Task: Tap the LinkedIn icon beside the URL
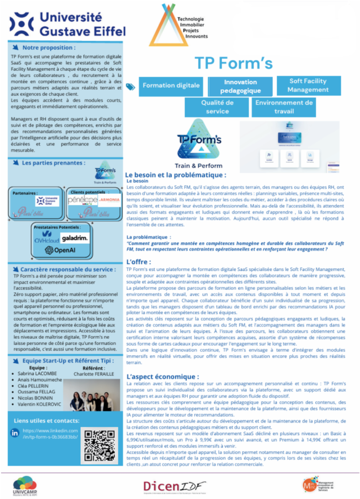15,433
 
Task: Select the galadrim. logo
76,237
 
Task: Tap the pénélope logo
82,201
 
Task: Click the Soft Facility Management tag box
308,86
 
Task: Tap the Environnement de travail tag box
284,107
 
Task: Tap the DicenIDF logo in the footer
174,486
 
